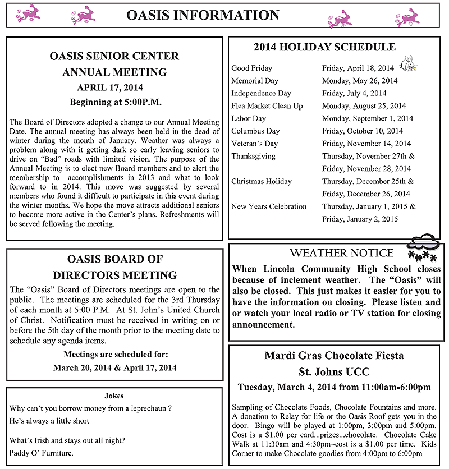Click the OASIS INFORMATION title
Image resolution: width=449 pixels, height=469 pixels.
(203, 15)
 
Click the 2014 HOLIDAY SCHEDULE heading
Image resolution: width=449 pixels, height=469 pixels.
(324, 47)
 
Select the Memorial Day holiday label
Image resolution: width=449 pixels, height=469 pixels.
(255, 81)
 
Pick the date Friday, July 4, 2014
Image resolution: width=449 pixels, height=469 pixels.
(354, 93)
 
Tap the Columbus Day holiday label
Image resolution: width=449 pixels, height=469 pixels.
(255, 131)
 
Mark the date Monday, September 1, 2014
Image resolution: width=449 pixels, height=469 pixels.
(368, 118)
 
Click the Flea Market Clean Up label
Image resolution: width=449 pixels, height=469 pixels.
(267, 105)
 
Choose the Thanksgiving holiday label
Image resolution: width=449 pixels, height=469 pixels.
(253, 156)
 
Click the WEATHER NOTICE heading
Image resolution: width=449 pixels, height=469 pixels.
(341, 253)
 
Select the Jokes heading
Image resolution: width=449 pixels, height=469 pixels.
(114, 396)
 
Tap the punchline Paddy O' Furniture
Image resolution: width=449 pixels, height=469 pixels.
(42, 453)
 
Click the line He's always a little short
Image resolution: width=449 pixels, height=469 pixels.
(49, 420)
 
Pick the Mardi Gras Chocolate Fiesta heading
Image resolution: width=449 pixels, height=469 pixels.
(334, 356)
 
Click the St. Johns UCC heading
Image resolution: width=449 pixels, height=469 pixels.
(334, 371)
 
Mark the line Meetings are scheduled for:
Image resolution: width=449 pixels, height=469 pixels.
(115, 355)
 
